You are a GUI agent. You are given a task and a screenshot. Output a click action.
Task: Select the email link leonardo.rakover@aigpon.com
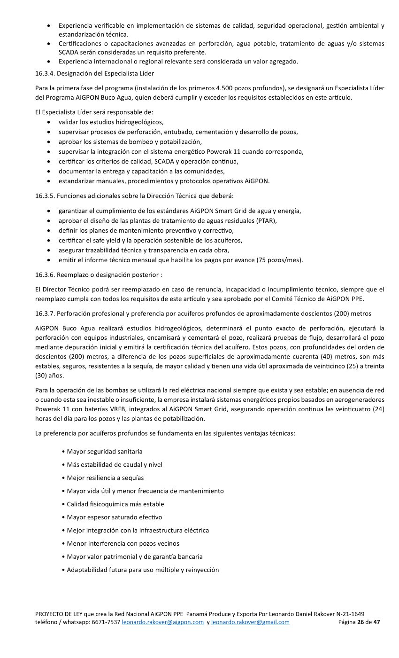pos(163,622)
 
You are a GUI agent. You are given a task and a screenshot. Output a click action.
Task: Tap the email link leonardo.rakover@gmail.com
pos(250,622)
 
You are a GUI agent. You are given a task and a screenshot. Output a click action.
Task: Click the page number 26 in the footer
pos(361,622)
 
